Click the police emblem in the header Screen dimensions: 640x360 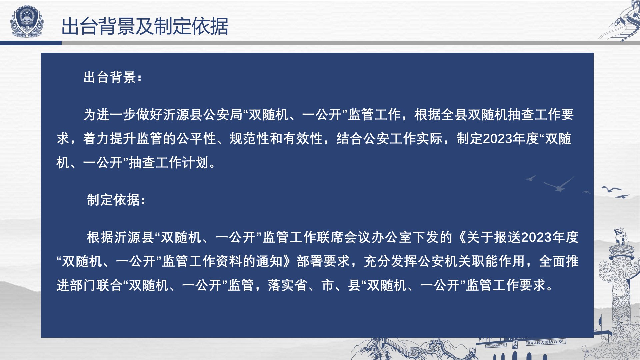coord(27,21)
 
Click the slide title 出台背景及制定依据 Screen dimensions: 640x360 coord(145,26)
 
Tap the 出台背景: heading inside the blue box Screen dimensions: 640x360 coord(113,77)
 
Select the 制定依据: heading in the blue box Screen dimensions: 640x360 coord(116,200)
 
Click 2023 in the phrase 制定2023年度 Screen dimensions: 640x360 coord(497,139)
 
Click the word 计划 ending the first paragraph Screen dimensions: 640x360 coord(195,163)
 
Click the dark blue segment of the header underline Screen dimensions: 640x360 coord(31,43)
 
